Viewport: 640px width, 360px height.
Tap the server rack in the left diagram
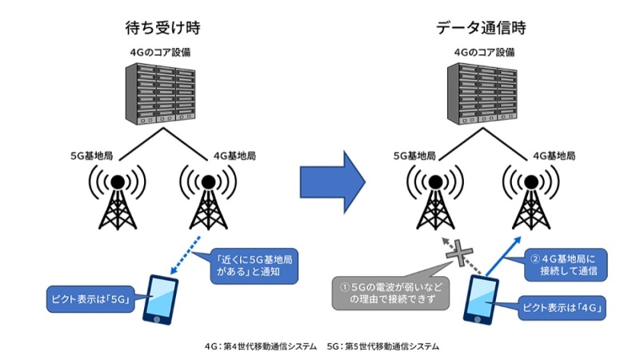[x=161, y=94]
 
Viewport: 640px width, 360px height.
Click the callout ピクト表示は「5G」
[x=88, y=302]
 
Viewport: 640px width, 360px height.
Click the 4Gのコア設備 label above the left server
[x=161, y=53]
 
